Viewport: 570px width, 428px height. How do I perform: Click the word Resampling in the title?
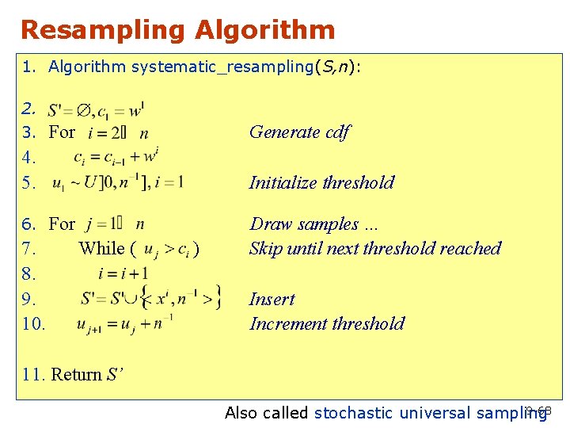[103, 30]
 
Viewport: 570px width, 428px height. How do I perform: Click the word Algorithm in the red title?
[264, 30]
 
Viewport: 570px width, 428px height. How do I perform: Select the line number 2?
[29, 107]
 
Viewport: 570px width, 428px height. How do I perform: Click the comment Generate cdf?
[299, 132]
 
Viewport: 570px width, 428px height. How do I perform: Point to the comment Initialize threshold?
[321, 182]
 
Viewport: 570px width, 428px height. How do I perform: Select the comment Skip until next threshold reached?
[375, 248]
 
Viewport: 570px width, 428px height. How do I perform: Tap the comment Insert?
[272, 299]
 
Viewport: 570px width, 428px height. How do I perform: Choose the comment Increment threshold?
[327, 323]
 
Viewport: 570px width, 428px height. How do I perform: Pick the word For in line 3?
[62, 132]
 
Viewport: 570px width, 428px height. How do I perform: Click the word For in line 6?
[62, 224]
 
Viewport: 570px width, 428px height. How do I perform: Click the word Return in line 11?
[77, 374]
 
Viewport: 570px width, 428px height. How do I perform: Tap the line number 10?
[35, 323]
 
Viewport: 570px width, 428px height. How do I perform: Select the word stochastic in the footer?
[354, 412]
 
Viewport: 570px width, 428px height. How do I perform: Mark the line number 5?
[29, 182]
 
